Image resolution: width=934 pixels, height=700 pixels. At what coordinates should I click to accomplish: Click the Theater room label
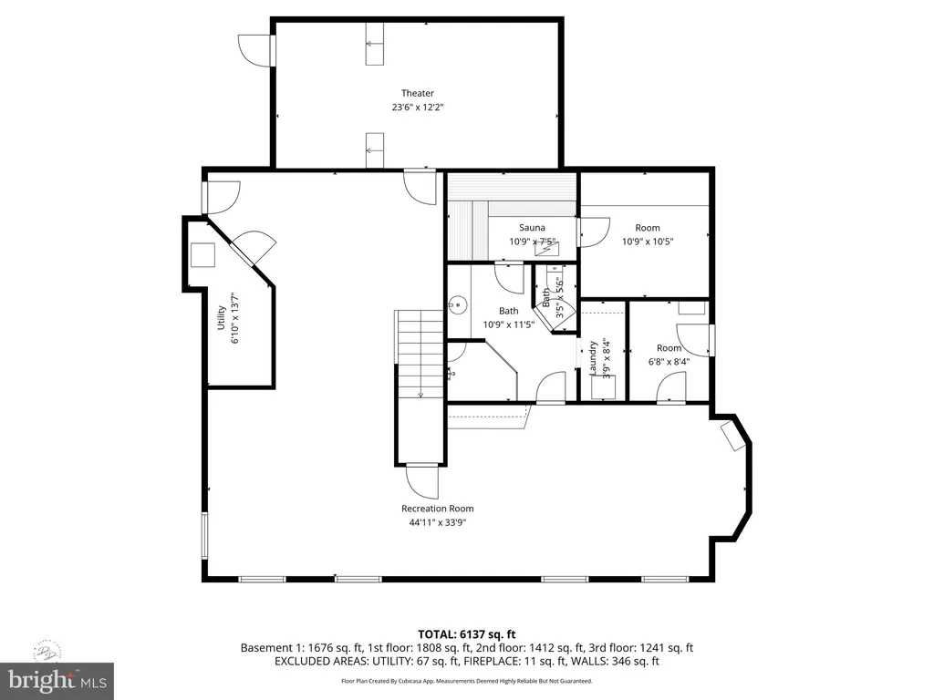pyautogui.click(x=418, y=93)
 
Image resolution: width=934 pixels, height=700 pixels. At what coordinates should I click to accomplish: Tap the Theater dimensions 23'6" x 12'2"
pyautogui.click(x=418, y=108)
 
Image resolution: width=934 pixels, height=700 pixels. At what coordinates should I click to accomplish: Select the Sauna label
pyautogui.click(x=532, y=228)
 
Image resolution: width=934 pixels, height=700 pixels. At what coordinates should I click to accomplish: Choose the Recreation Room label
pyautogui.click(x=437, y=509)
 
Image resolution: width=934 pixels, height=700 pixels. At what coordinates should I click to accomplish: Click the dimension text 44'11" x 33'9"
pyautogui.click(x=437, y=522)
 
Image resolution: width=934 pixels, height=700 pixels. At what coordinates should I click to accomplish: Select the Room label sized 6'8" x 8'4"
pyautogui.click(x=669, y=348)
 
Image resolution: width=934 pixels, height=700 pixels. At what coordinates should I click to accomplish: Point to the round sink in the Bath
pyautogui.click(x=458, y=306)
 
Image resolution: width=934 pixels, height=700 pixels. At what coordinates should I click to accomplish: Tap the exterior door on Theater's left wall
pyautogui.click(x=254, y=49)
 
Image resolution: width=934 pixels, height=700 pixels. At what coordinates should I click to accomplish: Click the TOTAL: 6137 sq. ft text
pyautogui.click(x=467, y=633)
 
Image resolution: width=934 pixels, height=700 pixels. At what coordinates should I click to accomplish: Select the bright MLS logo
pyautogui.click(x=57, y=680)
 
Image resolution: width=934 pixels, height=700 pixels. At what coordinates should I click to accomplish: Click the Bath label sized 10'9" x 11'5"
pyautogui.click(x=508, y=312)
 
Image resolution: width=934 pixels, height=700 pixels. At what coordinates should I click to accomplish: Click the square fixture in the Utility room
pyautogui.click(x=202, y=255)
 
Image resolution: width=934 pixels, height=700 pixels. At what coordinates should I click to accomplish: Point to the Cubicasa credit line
pyautogui.click(x=467, y=681)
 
